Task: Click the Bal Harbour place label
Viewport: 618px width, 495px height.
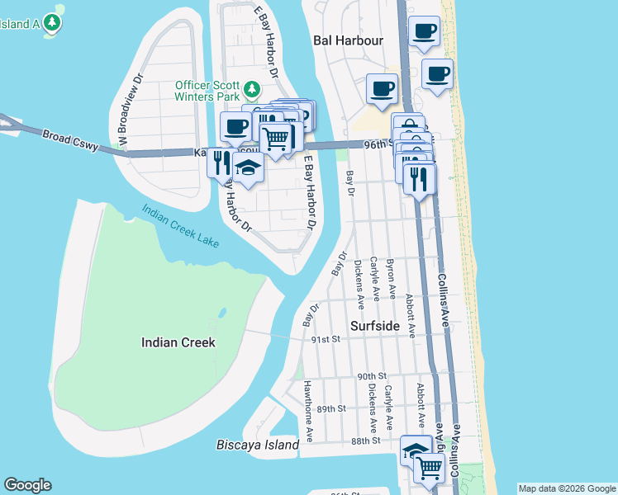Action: (x=348, y=40)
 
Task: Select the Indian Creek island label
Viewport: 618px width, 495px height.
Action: (x=178, y=342)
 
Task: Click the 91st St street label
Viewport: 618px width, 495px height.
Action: (x=326, y=339)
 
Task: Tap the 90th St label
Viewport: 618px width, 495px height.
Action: (x=372, y=375)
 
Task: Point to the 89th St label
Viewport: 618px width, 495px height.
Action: (x=330, y=408)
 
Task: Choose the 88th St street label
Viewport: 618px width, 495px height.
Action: (x=364, y=441)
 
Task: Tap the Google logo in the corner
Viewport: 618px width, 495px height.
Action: (x=27, y=484)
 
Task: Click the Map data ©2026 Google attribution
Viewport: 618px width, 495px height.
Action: (x=566, y=488)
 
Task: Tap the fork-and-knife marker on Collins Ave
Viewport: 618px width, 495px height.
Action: (x=420, y=177)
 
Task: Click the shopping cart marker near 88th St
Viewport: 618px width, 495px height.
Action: (x=430, y=467)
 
